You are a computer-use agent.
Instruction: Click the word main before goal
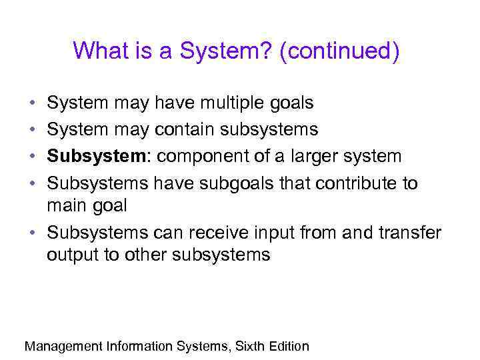pyautogui.click(x=66, y=206)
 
